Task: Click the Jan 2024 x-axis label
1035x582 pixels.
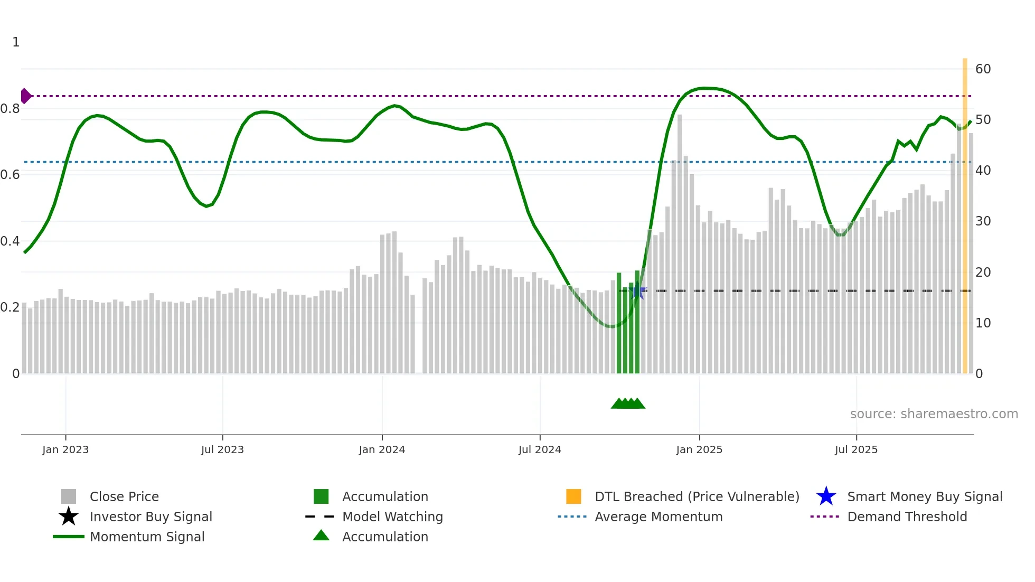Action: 382,449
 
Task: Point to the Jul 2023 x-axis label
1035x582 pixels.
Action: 222,449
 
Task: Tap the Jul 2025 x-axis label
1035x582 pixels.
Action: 856,449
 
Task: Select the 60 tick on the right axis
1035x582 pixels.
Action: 983,69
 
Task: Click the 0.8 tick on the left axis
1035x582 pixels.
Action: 10,109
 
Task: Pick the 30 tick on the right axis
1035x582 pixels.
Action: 983,221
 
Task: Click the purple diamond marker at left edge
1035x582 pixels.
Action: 25,96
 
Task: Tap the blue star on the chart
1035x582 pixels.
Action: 638,291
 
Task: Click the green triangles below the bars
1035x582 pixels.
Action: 628,403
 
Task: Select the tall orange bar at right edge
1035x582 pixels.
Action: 965,211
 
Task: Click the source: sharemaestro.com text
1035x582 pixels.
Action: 934,414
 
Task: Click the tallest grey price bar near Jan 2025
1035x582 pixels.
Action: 680,243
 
